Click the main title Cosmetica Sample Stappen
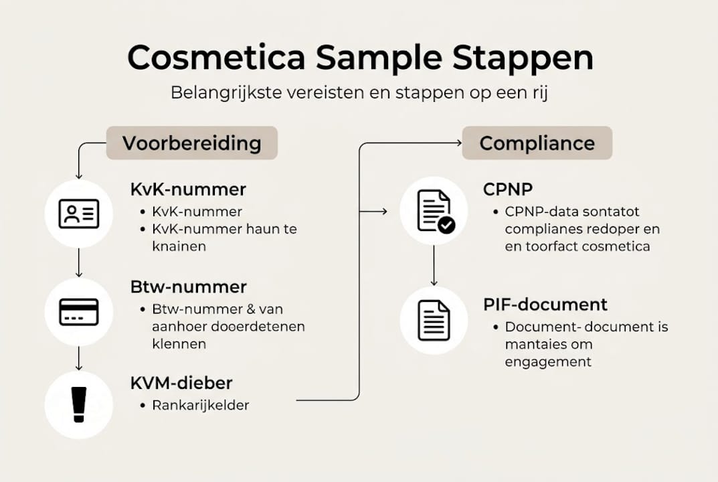360,58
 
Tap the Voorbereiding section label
191,143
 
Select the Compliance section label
537,143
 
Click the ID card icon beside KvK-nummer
79,214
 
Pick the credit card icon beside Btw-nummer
79,311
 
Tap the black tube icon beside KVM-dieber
79,405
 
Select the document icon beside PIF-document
434,320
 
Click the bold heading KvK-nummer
188,189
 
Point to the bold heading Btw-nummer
189,287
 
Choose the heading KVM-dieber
181,383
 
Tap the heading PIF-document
545,305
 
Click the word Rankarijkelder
201,405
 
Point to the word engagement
548,362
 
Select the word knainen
179,246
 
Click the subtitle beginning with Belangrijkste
360,92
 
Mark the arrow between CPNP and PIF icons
434,264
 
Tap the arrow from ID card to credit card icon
79,262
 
